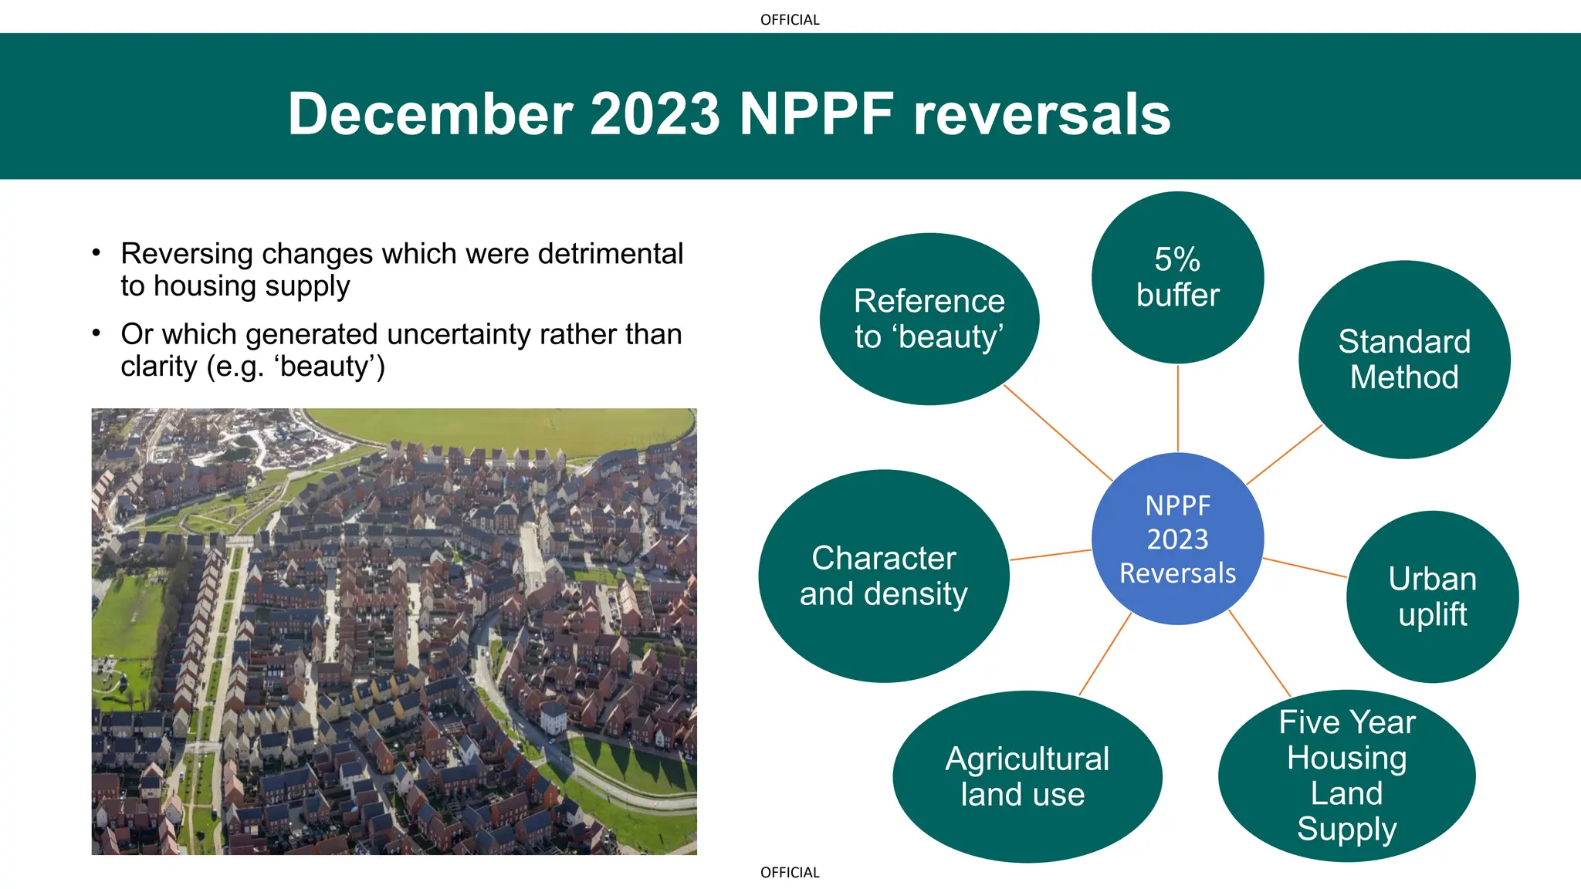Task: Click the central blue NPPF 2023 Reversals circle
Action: click(1177, 539)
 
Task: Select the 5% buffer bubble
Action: click(1177, 277)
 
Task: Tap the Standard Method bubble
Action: click(1404, 360)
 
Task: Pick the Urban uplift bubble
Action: click(1432, 597)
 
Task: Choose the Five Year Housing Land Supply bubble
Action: click(1346, 776)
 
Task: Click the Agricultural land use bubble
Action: click(1027, 776)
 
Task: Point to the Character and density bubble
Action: click(883, 576)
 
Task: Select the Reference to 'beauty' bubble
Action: click(929, 319)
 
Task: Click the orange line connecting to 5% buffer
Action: click(1177, 409)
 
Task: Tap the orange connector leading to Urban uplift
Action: click(1305, 567)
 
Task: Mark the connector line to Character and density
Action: click(1050, 555)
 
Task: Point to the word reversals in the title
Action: click(1041, 114)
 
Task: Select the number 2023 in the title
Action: click(655, 114)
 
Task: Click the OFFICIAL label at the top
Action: click(790, 20)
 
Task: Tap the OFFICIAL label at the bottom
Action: click(790, 873)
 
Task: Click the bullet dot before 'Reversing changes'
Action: click(96, 253)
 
